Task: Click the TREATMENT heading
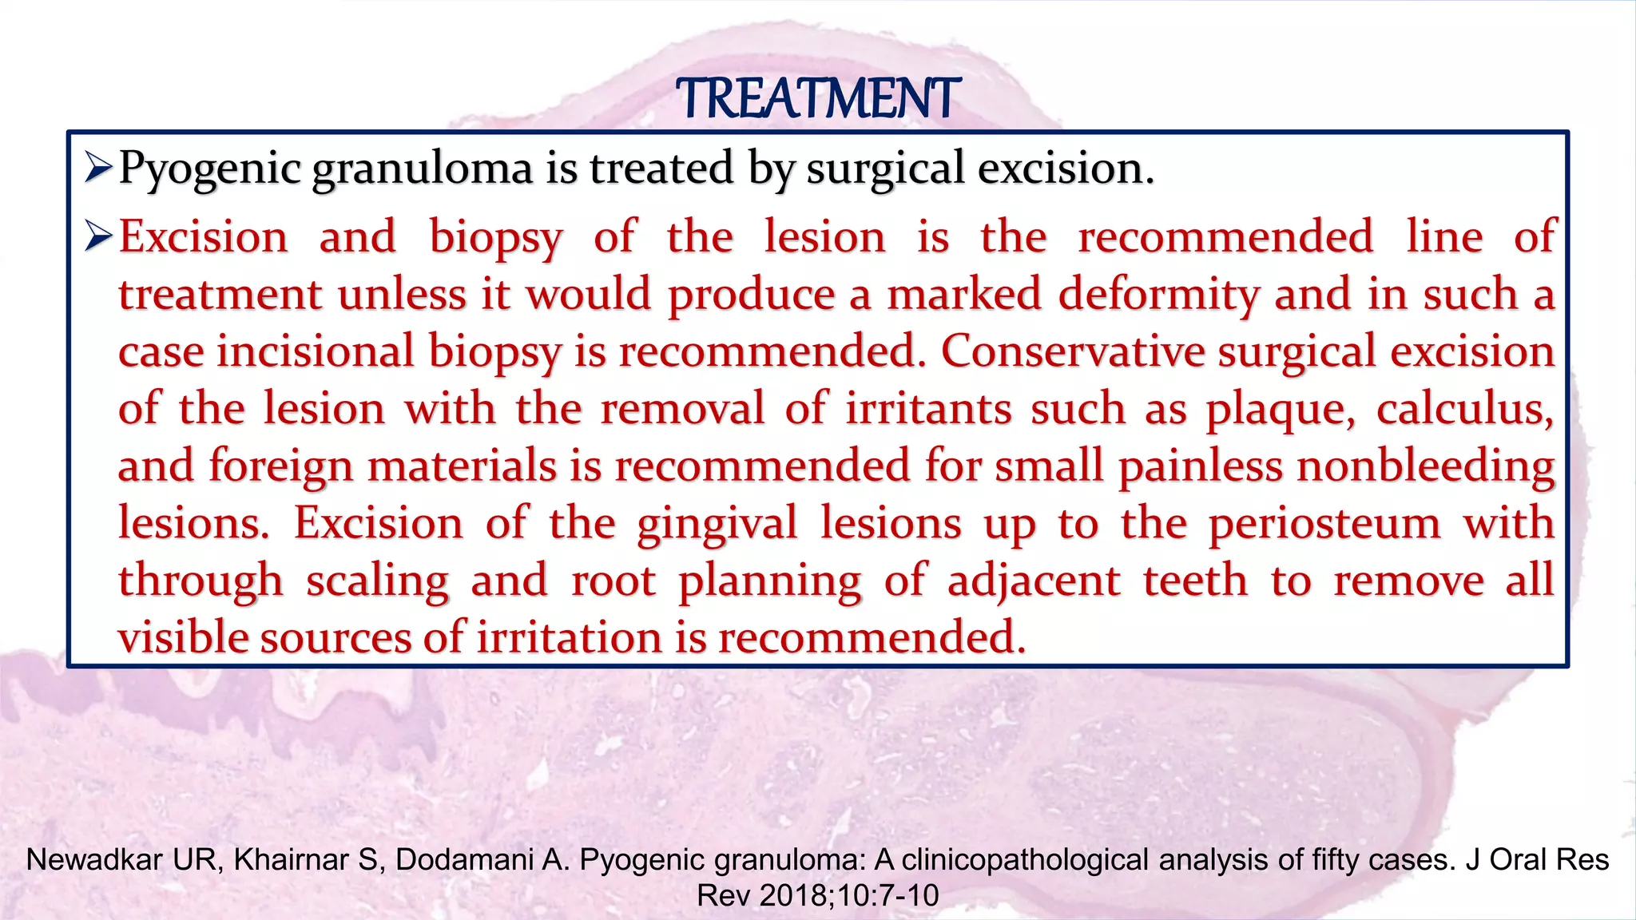tap(817, 99)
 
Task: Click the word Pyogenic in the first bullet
tap(210, 169)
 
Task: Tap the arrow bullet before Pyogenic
tap(99, 167)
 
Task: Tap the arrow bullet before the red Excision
tap(99, 236)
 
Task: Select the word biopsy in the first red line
tap(495, 237)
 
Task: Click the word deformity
tap(1159, 295)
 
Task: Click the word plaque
tap(1280, 410)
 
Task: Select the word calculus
tap(1464, 410)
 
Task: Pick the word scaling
tap(377, 581)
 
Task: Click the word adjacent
tap(1034, 581)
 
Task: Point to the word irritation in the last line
tap(570, 638)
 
